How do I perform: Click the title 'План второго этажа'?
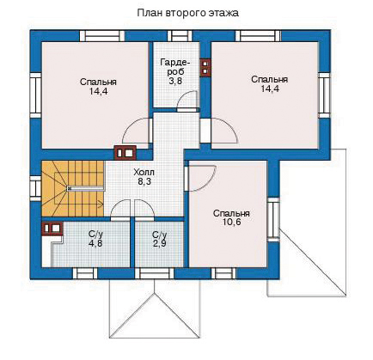tap(188, 13)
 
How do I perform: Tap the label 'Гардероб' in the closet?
tap(175, 66)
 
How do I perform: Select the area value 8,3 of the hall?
tap(144, 181)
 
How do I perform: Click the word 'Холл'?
tap(144, 173)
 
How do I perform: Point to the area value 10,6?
tap(231, 222)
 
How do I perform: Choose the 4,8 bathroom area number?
tap(95, 243)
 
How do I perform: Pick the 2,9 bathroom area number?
tap(160, 243)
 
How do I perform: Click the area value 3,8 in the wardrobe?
tap(175, 81)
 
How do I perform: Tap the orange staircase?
tap(73, 189)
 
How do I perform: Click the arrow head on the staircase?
tap(101, 204)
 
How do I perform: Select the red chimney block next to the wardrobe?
tap(205, 68)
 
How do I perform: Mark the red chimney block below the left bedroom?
tap(125, 152)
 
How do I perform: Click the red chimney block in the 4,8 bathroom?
tap(52, 229)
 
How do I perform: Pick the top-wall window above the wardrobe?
tap(180, 36)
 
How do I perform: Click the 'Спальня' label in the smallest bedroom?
tap(231, 213)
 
